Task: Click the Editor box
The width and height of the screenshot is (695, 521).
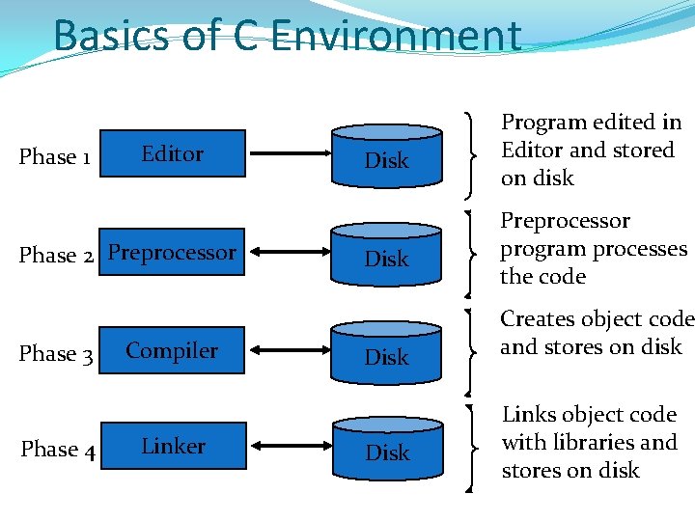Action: pos(173,153)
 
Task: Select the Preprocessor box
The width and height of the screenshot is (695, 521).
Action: pos(173,253)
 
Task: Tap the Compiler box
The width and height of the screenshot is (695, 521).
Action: pos(173,351)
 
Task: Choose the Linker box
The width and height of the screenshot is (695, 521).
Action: pos(173,446)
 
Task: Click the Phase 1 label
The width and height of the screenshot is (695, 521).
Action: pos(55,156)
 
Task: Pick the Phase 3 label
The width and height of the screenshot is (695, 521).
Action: pos(57,354)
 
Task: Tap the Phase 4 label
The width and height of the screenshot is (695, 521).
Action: pos(58,450)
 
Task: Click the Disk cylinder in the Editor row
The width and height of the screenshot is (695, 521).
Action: pos(386,154)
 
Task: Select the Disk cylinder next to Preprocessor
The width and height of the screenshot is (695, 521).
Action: pos(386,253)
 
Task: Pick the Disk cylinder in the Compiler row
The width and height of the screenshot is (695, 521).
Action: pos(386,351)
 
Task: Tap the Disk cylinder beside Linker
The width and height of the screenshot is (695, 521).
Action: pos(386,447)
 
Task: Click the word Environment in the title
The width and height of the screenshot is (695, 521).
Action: pos(397,36)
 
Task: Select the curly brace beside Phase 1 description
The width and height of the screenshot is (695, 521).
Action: pos(470,151)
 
